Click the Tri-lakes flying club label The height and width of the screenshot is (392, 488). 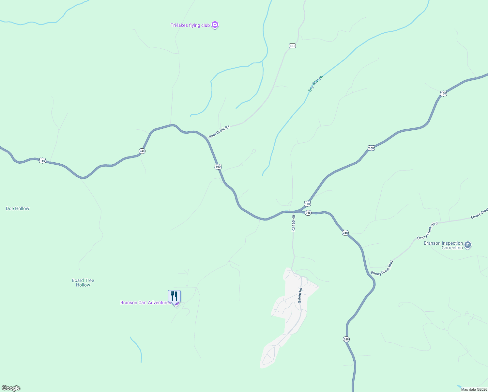tap(190, 25)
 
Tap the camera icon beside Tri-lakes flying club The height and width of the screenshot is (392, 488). tap(215, 24)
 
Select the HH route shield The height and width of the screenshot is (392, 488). tap(292, 46)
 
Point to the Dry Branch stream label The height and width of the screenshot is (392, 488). tap(315, 84)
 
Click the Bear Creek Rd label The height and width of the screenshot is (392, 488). tap(219, 132)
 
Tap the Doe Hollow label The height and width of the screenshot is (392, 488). tap(18, 208)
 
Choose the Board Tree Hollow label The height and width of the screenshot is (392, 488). tap(83, 283)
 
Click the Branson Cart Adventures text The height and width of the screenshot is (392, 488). tap(145, 302)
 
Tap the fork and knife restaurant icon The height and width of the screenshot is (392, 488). tap(174, 296)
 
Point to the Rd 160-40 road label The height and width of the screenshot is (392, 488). tap(293, 223)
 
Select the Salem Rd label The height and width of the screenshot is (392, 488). tap(299, 295)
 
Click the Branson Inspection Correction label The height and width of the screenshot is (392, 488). tap(443, 245)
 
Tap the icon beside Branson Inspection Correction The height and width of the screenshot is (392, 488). tap(468, 245)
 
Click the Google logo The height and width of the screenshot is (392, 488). tap(11, 388)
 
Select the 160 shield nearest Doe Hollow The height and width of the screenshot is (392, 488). tap(42, 160)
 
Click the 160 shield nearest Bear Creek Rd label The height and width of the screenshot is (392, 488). tap(218, 167)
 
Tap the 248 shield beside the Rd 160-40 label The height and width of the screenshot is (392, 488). tap(308, 213)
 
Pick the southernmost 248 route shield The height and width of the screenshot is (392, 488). tap(346, 339)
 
